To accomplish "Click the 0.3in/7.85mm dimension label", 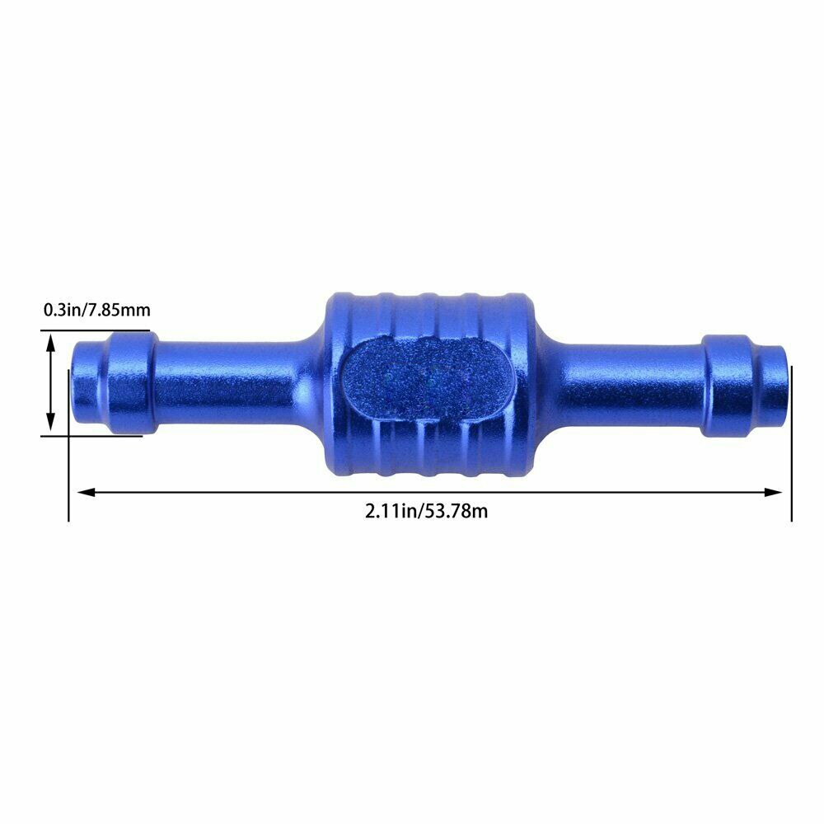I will pyautogui.click(x=97, y=311).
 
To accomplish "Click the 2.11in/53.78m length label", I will pyautogui.click(x=427, y=511).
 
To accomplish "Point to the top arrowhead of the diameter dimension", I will pyautogui.click(x=51, y=341).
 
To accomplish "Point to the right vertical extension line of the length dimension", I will pyautogui.click(x=791, y=445).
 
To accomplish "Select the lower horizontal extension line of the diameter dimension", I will pyautogui.click(x=91, y=435).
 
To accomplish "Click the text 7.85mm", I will pyautogui.click(x=122, y=311).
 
